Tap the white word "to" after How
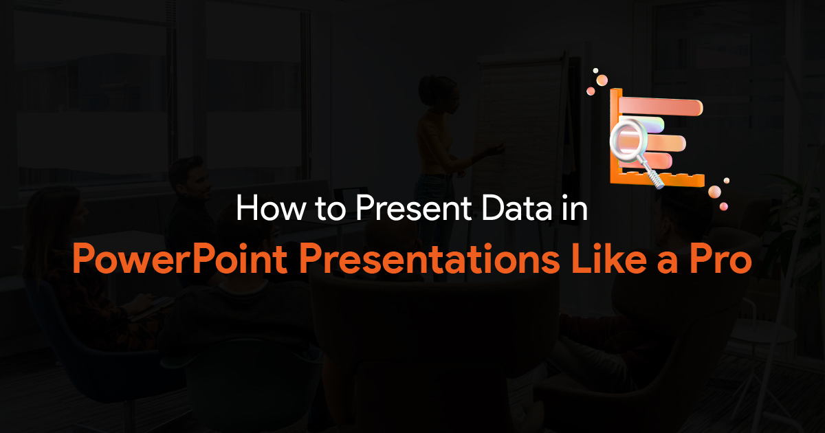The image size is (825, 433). (316, 210)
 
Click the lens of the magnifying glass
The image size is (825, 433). (627, 140)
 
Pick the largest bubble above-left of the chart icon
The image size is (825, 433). (602, 80)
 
